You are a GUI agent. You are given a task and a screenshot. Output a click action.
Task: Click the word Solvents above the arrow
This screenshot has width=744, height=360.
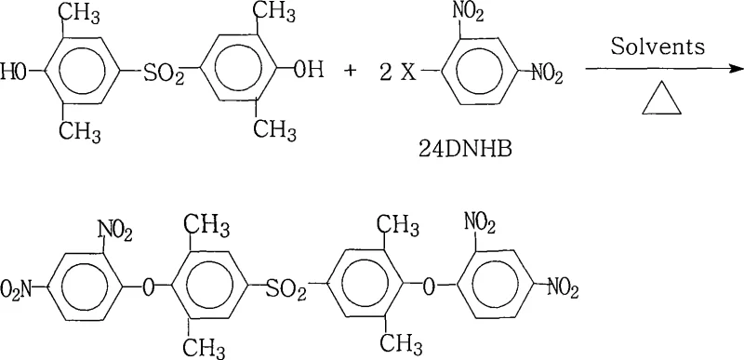(x=650, y=47)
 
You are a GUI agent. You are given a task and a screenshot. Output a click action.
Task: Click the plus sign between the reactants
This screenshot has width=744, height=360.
(x=351, y=70)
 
